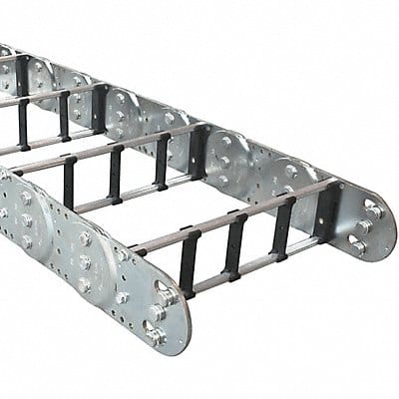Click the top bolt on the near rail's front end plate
point(162,290)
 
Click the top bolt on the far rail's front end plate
point(372,208)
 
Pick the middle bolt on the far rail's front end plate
point(364,228)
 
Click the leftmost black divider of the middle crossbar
point(69,184)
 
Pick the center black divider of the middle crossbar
point(115,173)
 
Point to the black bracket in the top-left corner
point(19,75)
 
